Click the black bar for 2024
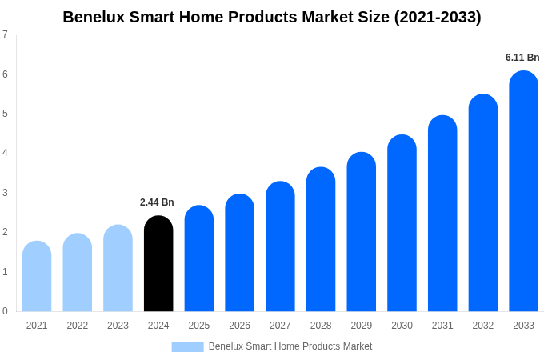click(x=158, y=264)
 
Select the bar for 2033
click(x=523, y=192)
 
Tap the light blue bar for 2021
click(x=37, y=276)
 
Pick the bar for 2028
click(x=321, y=240)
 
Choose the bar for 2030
click(x=402, y=224)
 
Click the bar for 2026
click(x=239, y=253)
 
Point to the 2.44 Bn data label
click(x=157, y=202)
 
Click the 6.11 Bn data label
click(x=522, y=58)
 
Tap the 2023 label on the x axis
click(x=118, y=326)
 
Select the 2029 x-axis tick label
click(x=361, y=326)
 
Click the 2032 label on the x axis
click(x=482, y=326)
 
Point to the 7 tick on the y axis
click(x=5, y=34)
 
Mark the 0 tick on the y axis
click(x=5, y=311)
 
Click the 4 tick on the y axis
click(x=5, y=153)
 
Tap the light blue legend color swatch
click(x=187, y=347)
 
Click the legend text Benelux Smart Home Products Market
click(x=290, y=346)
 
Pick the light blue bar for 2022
click(x=78, y=273)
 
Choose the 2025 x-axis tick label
click(x=199, y=326)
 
